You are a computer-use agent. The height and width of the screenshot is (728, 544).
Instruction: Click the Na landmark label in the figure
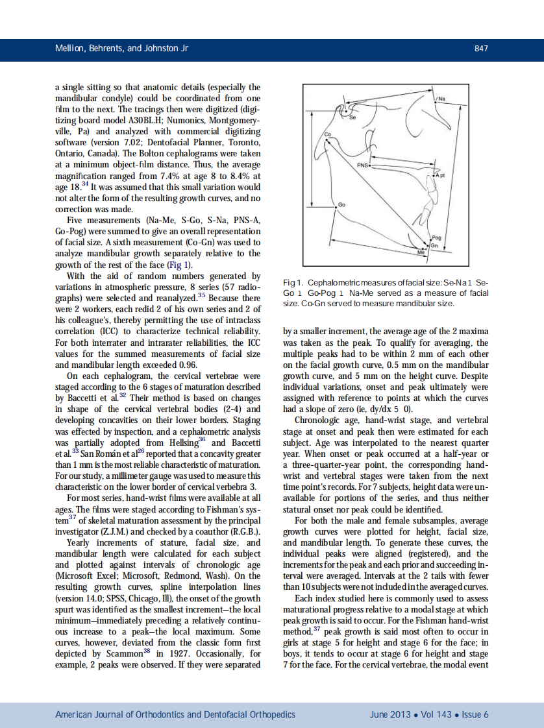coord(441,99)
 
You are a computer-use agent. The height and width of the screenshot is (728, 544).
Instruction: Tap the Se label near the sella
coord(354,118)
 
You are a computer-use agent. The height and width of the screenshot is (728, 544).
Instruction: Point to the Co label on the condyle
coord(328,134)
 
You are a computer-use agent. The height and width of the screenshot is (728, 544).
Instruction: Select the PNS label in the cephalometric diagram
coord(363,165)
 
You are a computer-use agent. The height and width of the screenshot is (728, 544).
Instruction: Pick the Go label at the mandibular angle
coord(341,205)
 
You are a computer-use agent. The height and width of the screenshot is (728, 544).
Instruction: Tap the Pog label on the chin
coord(437,238)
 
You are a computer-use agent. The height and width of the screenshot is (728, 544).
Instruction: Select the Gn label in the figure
coord(435,246)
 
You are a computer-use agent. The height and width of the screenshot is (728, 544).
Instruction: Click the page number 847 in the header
coord(481,49)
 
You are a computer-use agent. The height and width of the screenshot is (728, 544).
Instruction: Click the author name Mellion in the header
coord(70,49)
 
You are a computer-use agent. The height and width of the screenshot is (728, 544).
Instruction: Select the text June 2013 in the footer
coord(390,714)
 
